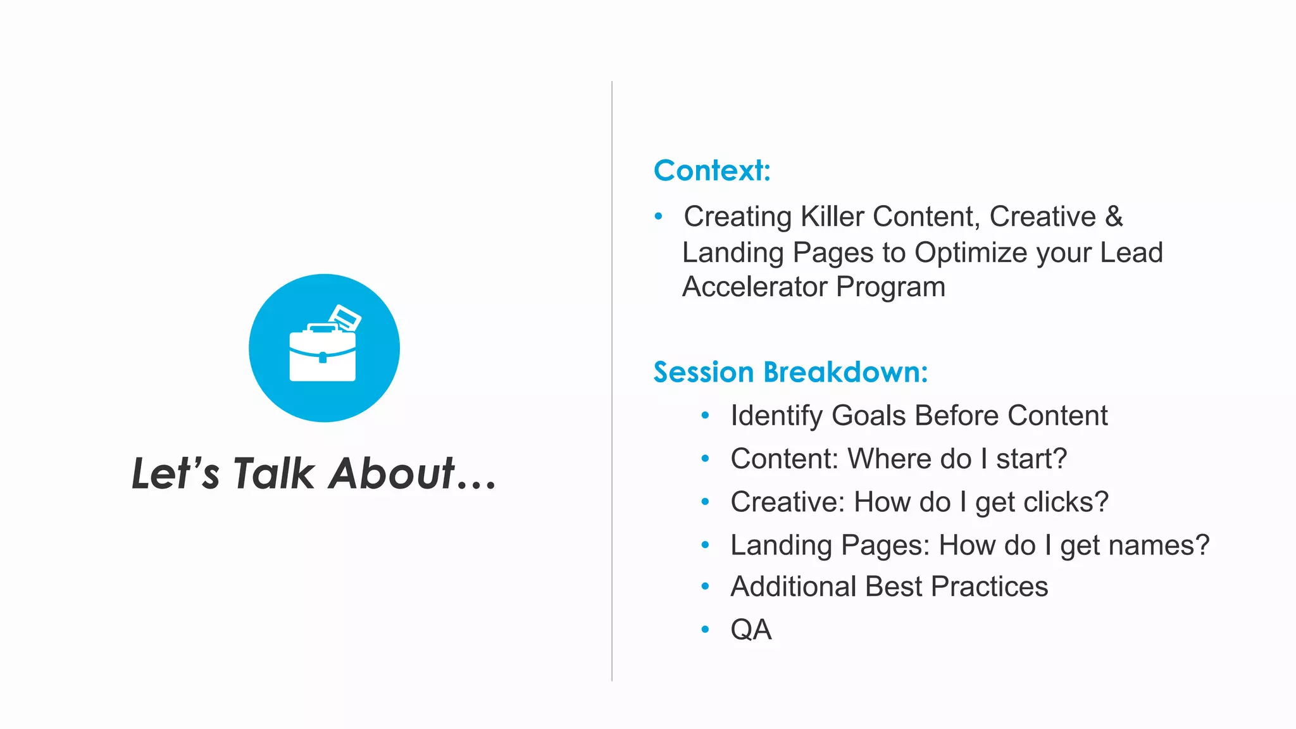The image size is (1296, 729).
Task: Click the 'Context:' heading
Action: pyautogui.click(x=712, y=170)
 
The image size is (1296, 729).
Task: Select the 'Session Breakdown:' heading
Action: pyautogui.click(x=790, y=372)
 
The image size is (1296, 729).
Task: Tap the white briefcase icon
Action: pyautogui.click(x=322, y=356)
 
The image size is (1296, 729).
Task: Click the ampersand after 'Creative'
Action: pyautogui.click(x=1114, y=216)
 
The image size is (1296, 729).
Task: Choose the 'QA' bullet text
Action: pyautogui.click(x=751, y=630)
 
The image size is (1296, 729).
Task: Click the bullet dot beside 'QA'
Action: pyautogui.click(x=705, y=629)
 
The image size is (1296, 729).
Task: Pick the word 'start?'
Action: pyautogui.click(x=1031, y=459)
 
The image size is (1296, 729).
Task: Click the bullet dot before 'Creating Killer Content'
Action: pyautogui.click(x=658, y=216)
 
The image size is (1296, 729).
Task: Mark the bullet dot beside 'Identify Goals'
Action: pyautogui.click(x=705, y=416)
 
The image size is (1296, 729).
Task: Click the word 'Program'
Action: pyautogui.click(x=890, y=287)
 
